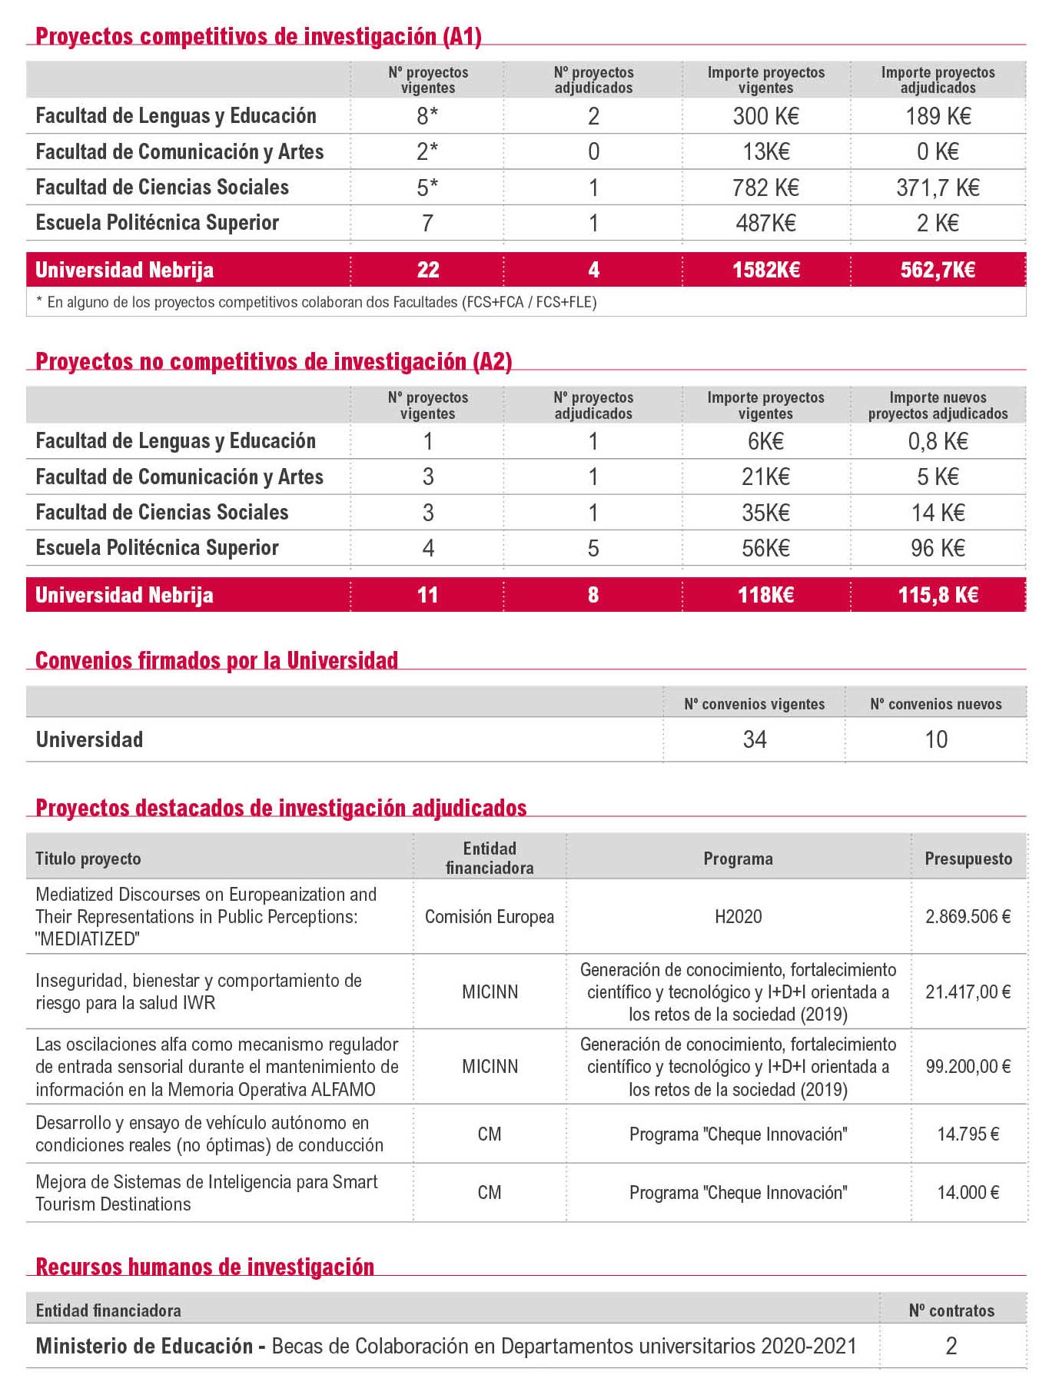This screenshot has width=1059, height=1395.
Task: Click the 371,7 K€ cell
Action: point(938,188)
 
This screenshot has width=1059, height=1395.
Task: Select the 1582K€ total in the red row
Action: point(766,270)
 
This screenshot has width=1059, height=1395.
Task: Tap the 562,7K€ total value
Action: point(938,270)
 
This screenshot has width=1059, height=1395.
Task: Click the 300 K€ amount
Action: point(766,116)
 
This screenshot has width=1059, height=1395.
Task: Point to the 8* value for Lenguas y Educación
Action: point(427,116)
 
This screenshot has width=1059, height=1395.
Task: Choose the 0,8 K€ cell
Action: point(938,441)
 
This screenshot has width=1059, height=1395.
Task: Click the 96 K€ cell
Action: point(938,548)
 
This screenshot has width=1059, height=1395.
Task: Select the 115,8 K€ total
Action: point(938,595)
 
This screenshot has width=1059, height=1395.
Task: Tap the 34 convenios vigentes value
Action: point(755,739)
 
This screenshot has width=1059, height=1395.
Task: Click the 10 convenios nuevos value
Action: point(936,739)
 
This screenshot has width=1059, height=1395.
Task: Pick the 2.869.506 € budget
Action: point(968,916)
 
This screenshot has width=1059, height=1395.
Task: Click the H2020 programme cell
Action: point(738,916)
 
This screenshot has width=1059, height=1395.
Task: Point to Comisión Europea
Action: point(490,916)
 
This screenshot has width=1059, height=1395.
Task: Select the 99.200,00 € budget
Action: point(968,1066)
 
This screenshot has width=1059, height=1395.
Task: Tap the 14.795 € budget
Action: point(968,1134)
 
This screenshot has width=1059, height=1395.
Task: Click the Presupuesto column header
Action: point(968,859)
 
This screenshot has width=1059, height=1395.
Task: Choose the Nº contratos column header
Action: point(951,1310)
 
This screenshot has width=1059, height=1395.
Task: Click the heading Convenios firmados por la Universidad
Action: point(217,660)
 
